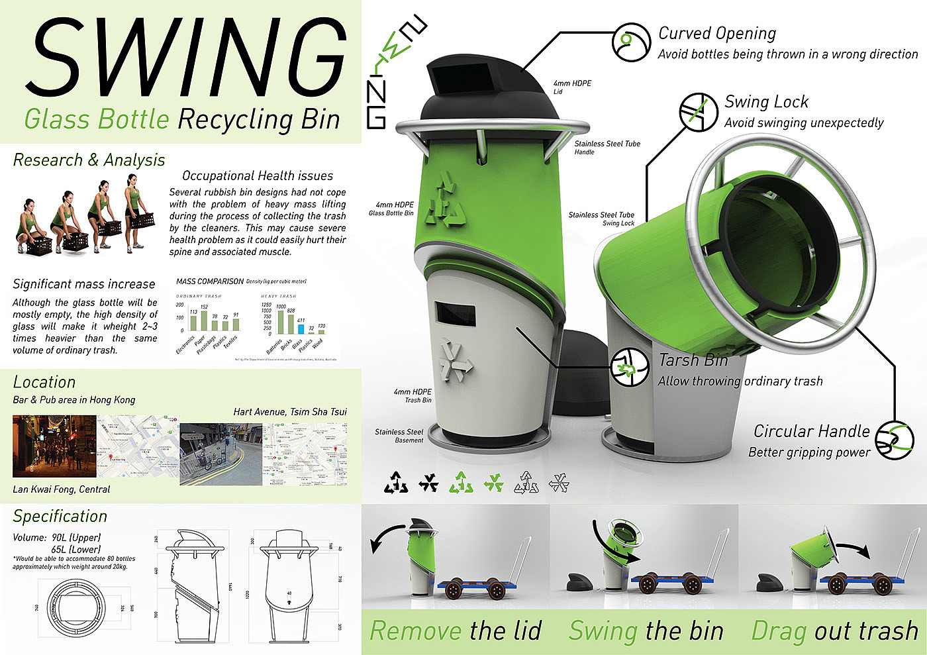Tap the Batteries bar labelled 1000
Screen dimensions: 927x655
pos(281,321)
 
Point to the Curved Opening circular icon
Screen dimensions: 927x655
pos(631,43)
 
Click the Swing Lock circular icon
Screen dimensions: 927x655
pos(699,111)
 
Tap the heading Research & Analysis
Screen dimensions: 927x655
pos(89,160)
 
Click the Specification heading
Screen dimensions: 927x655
pos(60,516)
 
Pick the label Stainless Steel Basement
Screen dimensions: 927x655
pos(399,436)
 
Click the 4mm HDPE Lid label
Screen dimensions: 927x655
pos(572,87)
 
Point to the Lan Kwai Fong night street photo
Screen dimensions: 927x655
pos(54,446)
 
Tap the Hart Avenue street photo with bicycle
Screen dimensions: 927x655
pos(221,454)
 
